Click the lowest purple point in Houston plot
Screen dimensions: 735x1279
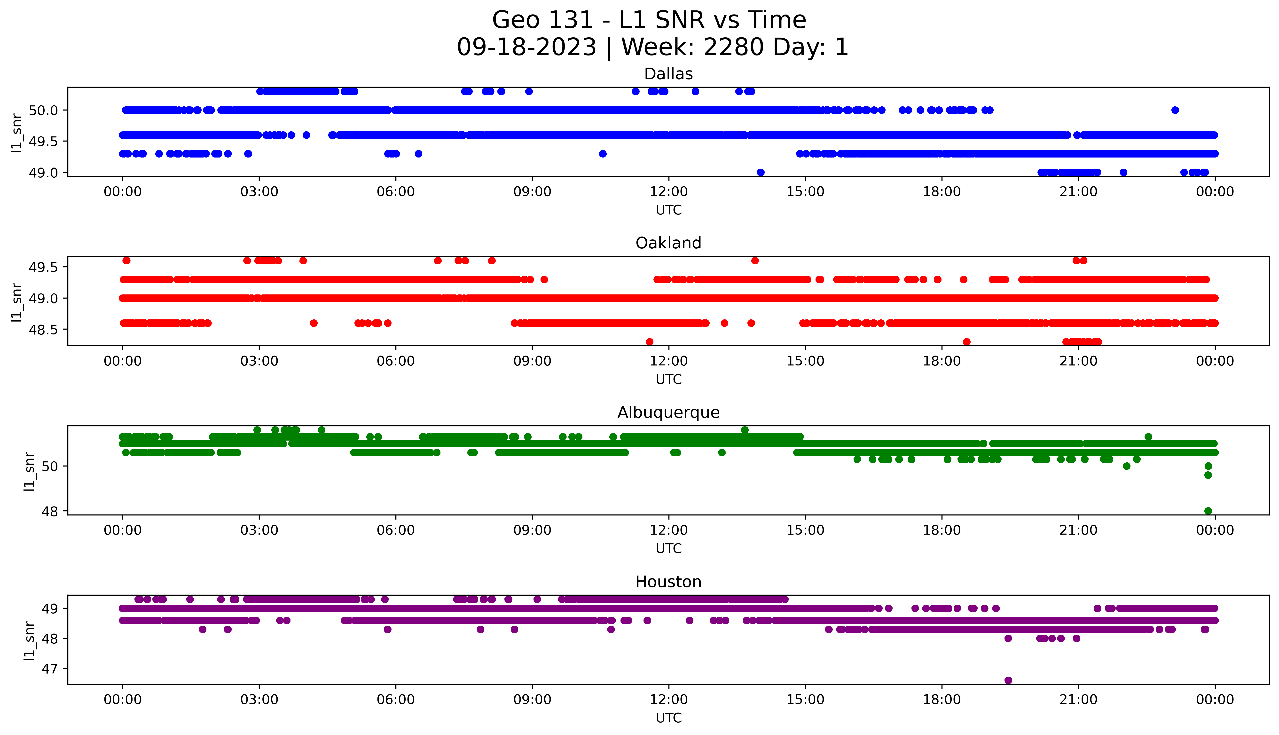(1008, 680)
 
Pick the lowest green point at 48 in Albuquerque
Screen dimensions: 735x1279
(1208, 511)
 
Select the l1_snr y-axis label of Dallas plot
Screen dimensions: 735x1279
(17, 132)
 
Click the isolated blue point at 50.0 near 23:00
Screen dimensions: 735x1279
(1175, 110)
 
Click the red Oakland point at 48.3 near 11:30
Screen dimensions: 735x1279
(650, 342)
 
